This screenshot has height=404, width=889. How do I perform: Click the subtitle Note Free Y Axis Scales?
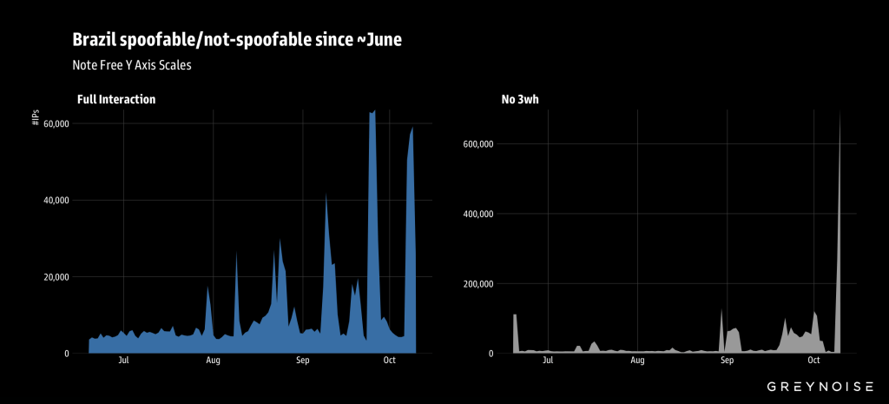tap(131, 64)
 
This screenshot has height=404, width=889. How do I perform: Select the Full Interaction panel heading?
tap(115, 100)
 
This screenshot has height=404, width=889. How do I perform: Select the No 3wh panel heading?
tap(521, 100)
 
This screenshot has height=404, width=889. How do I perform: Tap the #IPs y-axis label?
tap(36, 118)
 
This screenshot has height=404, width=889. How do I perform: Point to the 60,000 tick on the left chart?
tap(56, 124)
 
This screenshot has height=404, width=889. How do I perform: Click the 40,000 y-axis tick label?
tap(56, 201)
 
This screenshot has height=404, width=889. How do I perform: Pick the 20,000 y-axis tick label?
tap(56, 277)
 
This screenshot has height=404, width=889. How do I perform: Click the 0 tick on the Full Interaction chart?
tap(67, 354)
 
